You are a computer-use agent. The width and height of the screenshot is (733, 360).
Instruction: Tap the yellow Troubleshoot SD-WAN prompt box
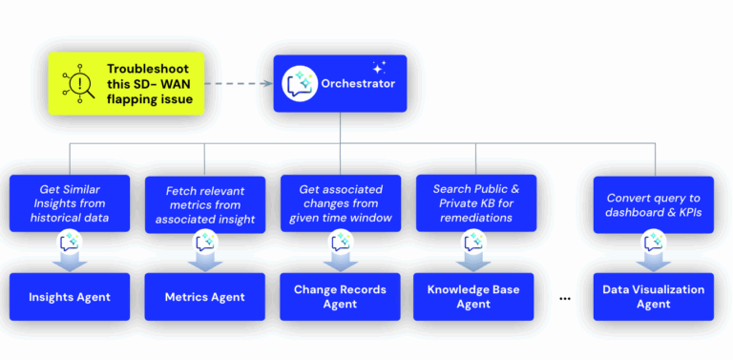point(126,83)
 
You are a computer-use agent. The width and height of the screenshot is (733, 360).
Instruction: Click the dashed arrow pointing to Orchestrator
point(239,83)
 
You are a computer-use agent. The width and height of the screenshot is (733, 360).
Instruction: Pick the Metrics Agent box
point(203,297)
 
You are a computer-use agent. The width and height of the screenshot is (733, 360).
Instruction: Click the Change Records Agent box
point(339,297)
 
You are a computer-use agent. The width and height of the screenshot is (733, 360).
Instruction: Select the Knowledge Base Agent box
point(474,297)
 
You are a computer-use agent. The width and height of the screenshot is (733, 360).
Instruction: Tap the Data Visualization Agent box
point(653,297)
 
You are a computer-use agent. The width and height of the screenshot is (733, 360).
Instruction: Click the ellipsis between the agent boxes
point(564,298)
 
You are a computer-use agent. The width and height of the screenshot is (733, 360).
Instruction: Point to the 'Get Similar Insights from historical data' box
point(69,202)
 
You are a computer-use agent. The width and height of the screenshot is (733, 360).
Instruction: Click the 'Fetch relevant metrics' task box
point(204,202)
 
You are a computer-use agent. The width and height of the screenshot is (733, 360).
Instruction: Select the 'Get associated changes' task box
point(340,202)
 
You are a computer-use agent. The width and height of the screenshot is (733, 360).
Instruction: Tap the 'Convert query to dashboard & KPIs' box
point(653,202)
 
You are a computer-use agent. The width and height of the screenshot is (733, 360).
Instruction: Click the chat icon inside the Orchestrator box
point(300,84)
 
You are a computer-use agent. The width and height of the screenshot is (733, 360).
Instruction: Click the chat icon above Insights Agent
point(69,244)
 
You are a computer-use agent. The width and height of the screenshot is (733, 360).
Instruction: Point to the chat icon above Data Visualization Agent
point(654,244)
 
